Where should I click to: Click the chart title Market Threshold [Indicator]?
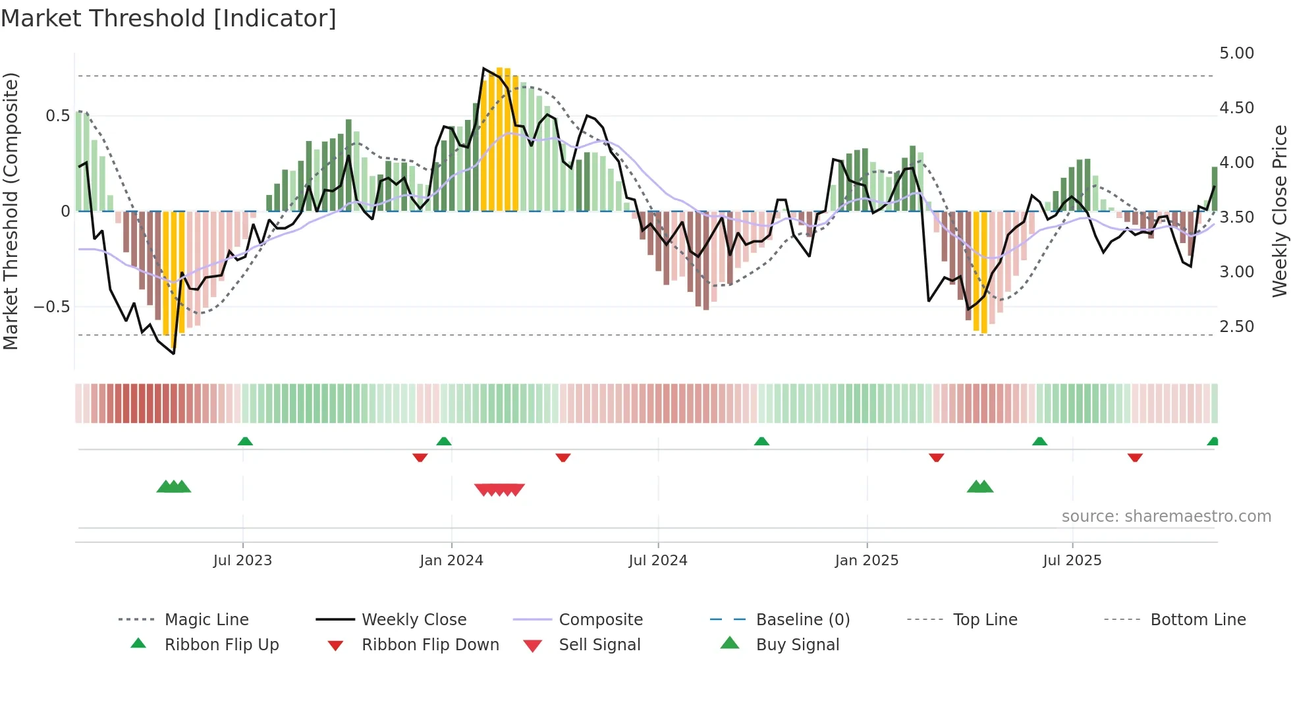pyautogui.click(x=169, y=18)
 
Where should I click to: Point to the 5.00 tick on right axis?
pyautogui.click(x=1236, y=53)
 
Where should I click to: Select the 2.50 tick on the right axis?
pyautogui.click(x=1236, y=327)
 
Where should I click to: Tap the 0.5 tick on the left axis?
pyautogui.click(x=57, y=116)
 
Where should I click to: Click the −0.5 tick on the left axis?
pyautogui.click(x=51, y=307)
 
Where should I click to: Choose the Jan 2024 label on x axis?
pyautogui.click(x=451, y=561)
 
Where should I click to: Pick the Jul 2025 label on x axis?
pyautogui.click(x=1072, y=561)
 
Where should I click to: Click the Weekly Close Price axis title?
pyautogui.click(x=1279, y=211)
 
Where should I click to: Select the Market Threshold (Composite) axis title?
pyautogui.click(x=11, y=211)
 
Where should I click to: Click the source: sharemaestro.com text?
pyautogui.click(x=1166, y=517)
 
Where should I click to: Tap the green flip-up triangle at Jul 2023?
pyautogui.click(x=245, y=441)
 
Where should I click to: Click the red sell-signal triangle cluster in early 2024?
pyautogui.click(x=499, y=489)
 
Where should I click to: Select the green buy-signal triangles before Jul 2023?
pyautogui.click(x=173, y=487)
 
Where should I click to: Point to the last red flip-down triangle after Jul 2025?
pyautogui.click(x=1134, y=457)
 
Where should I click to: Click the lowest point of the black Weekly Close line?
pyautogui.click(x=174, y=354)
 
